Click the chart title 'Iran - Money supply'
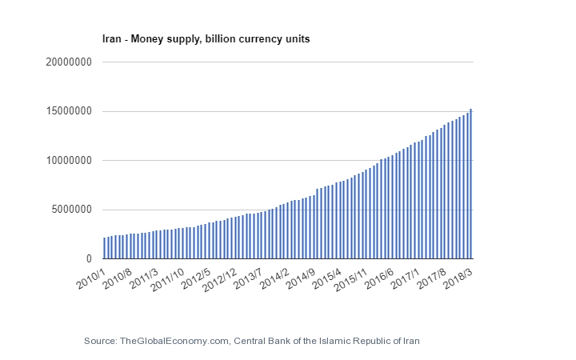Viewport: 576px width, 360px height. pos(204,38)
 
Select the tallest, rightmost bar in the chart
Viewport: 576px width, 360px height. pos(470,184)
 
